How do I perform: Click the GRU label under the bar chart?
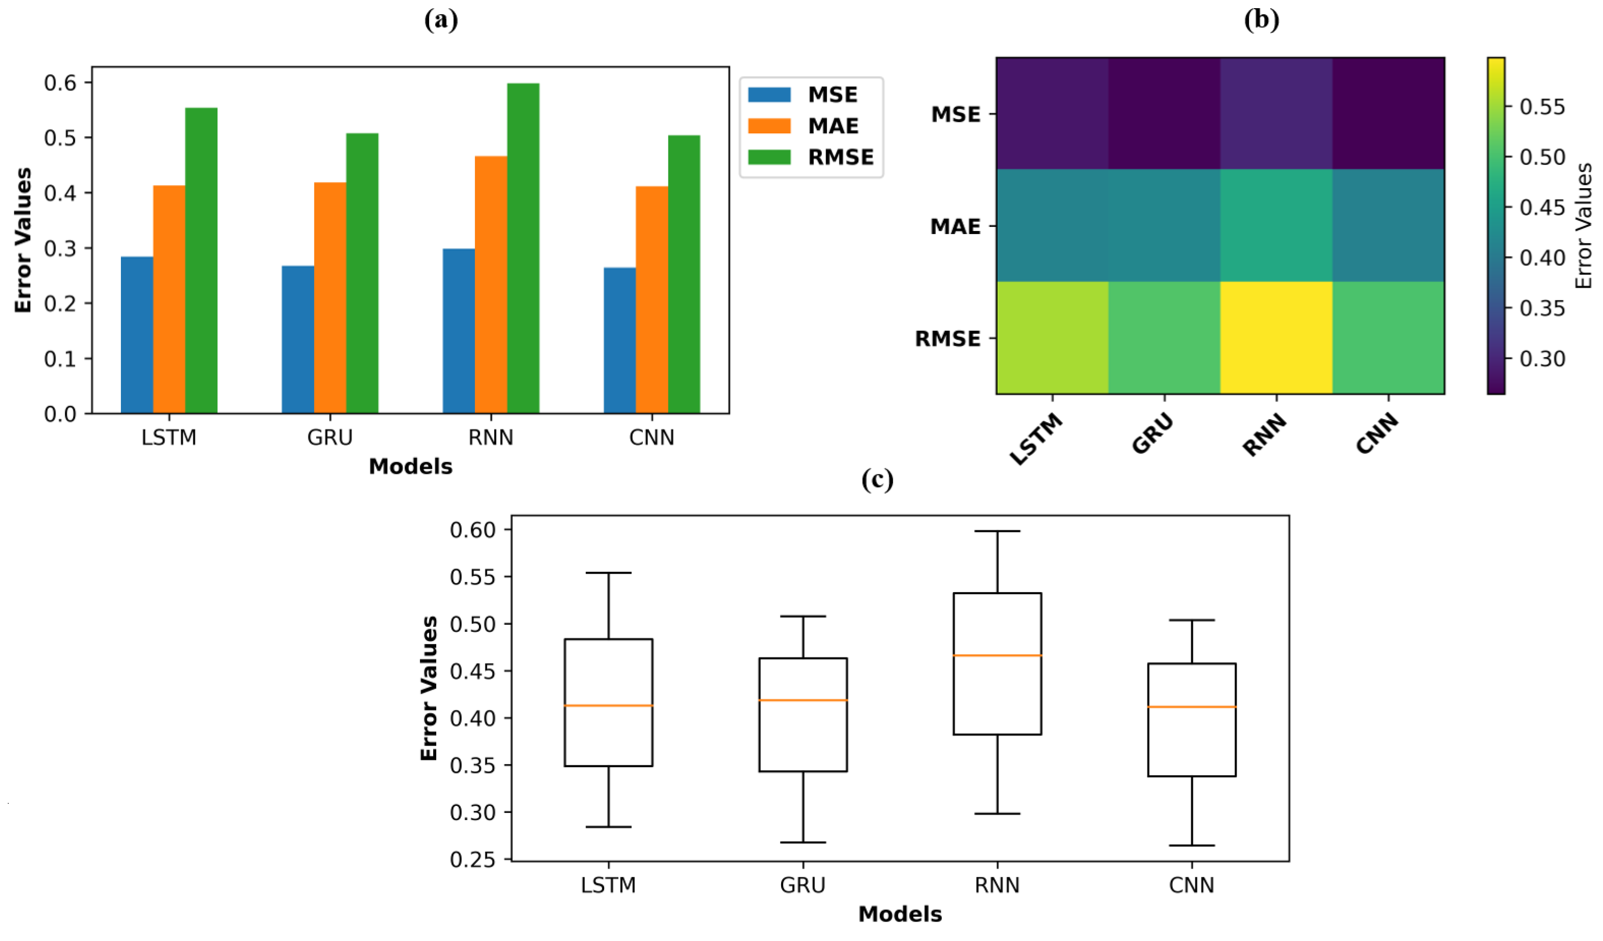(330, 438)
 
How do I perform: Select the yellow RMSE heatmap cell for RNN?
(1276, 338)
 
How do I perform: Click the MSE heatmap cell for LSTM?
(1052, 113)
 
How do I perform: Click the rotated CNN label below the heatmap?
(1376, 434)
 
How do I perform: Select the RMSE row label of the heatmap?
(947, 339)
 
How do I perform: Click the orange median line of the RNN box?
(997, 655)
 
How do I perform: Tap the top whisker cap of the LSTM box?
(608, 573)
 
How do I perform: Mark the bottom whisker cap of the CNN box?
(1191, 846)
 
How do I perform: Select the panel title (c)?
(876, 479)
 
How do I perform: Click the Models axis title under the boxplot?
(899, 913)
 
